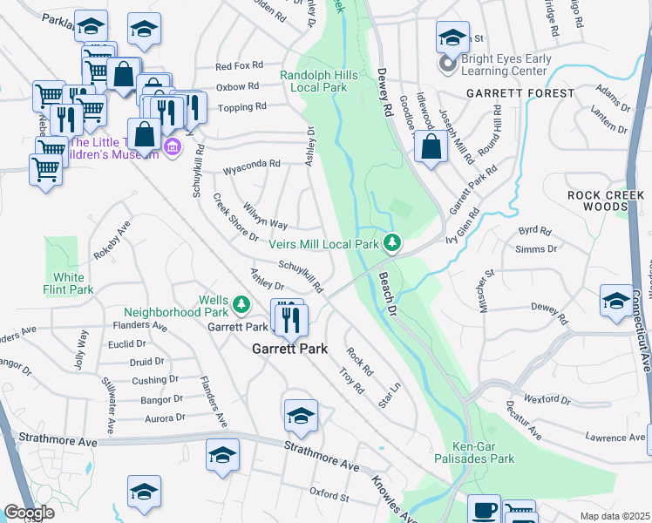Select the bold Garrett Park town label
coord(289,349)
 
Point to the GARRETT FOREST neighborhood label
coord(520,92)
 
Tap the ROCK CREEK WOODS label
coord(608,200)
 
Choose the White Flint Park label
coord(68,283)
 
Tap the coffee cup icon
coord(485,509)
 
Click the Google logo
coord(30,513)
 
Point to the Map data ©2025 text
coord(615,516)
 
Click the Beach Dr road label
coord(388,295)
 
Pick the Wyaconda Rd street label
coord(252,163)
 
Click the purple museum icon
coord(173,146)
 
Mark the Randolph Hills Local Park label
coord(318,82)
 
